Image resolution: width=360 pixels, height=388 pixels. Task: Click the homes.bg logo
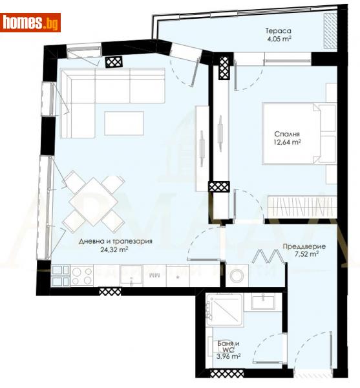click(x=31, y=23)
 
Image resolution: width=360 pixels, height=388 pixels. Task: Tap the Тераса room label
click(x=279, y=30)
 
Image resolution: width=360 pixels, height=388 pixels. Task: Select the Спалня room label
click(x=286, y=135)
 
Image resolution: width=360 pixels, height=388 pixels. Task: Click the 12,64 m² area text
click(x=286, y=144)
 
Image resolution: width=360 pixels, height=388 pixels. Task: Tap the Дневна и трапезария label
click(x=107, y=242)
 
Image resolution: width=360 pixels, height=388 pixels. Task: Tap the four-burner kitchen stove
click(x=82, y=276)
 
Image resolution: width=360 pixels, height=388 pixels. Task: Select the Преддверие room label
click(x=304, y=246)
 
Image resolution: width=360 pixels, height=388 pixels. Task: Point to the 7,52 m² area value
click(x=304, y=255)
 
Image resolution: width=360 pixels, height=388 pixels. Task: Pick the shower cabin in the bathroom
click(x=224, y=310)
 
